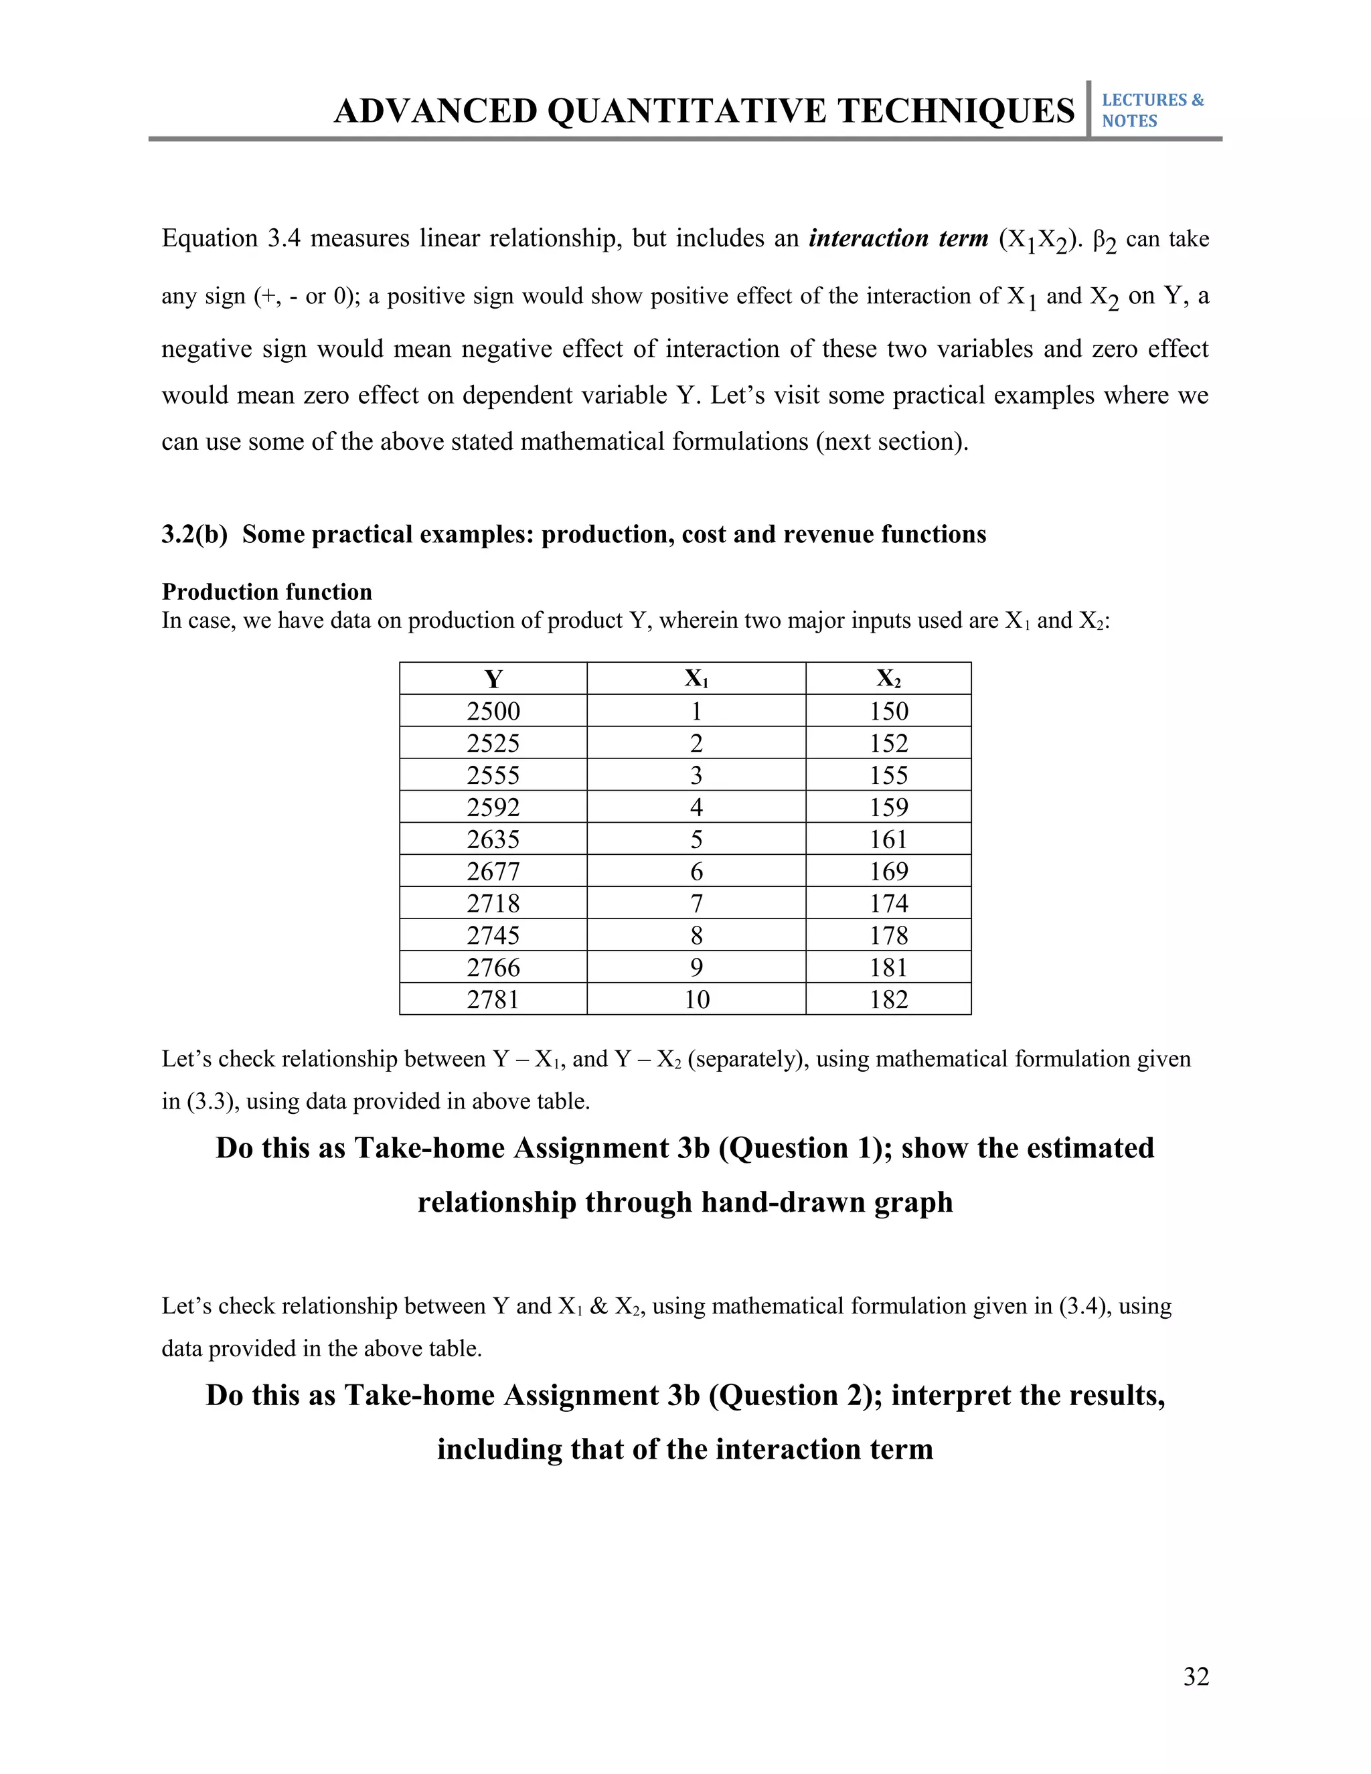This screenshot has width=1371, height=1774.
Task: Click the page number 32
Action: point(1196,1676)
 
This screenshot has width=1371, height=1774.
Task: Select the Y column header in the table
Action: point(493,679)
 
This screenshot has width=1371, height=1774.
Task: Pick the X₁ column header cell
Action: point(696,679)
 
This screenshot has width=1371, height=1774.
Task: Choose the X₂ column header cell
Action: point(888,679)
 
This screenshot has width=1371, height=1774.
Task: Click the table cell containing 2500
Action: point(493,712)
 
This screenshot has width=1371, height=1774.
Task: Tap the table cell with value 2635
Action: point(493,839)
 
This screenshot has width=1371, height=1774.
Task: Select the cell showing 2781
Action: point(493,999)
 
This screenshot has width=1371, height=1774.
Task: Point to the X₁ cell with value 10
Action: point(696,999)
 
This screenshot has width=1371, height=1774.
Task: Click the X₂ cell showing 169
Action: point(888,872)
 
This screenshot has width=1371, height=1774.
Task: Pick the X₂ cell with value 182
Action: point(888,999)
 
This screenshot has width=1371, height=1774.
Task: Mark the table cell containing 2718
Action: point(493,903)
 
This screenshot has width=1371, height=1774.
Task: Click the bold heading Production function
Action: point(266,591)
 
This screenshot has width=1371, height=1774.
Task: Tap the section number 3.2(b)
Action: point(194,534)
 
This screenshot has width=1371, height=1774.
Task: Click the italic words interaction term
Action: point(898,238)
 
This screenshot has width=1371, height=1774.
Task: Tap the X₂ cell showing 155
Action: point(888,775)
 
